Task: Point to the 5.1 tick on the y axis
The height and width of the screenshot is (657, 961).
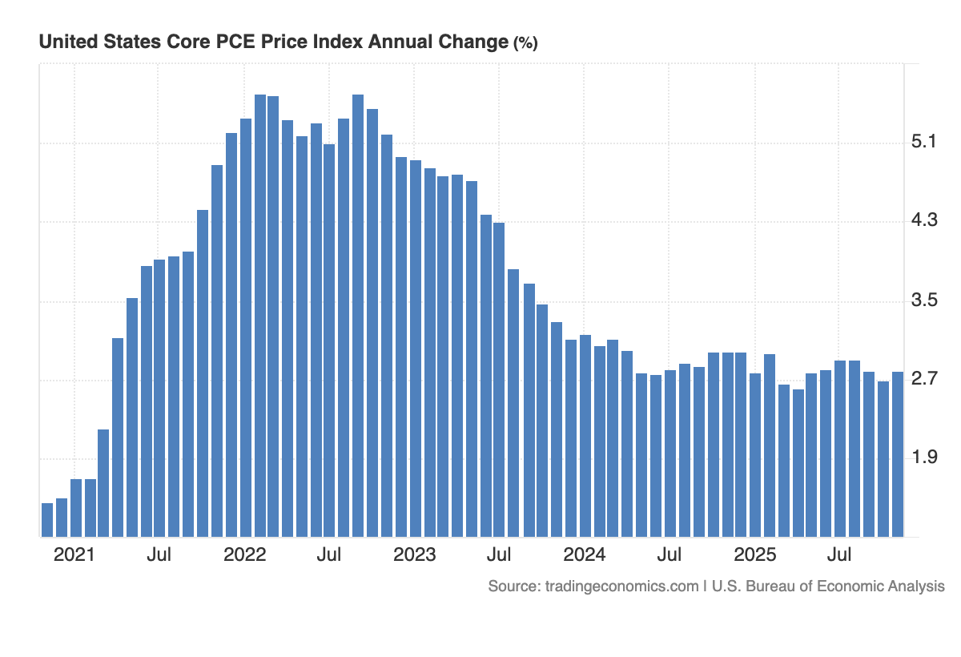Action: pos(923,143)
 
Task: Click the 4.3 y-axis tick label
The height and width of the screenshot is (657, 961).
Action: pos(923,221)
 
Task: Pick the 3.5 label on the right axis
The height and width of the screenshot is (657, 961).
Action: pos(923,300)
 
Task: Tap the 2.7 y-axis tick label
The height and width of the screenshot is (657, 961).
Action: pos(923,379)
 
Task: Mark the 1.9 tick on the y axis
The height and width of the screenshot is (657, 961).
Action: pos(923,457)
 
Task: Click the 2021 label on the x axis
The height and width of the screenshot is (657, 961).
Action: pos(74,555)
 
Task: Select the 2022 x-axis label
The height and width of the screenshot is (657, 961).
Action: pos(244,555)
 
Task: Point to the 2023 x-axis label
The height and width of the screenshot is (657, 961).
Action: pos(415,555)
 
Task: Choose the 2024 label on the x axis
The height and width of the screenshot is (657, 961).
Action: pos(585,555)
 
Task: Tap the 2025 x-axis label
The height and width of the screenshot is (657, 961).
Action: pos(755,555)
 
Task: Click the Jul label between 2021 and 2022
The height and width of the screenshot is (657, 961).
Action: pos(159,555)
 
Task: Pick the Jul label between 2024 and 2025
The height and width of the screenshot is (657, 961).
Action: pos(669,555)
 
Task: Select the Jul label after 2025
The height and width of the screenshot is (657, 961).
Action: pos(839,555)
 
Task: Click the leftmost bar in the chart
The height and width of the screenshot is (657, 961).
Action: pos(47,520)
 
